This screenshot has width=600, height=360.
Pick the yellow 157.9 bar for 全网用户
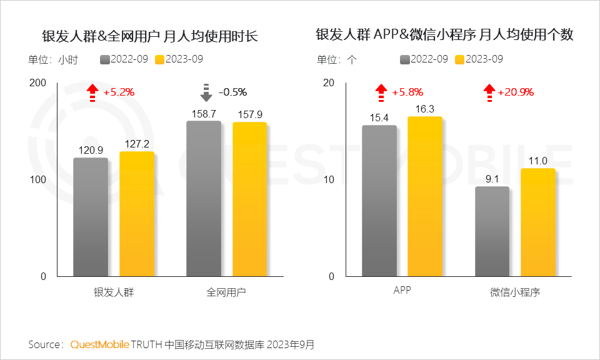250,199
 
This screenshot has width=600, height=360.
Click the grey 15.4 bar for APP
379,201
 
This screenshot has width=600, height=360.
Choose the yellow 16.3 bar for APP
425,196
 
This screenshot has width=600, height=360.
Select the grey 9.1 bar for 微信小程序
492,231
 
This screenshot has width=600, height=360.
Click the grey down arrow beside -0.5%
206,92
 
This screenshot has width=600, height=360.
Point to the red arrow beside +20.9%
489,92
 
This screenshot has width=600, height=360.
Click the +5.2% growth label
119,92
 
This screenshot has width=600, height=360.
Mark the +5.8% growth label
407,92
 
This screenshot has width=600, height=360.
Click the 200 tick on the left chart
38,83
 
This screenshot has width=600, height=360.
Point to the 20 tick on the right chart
329,83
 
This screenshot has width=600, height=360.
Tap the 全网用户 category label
226,292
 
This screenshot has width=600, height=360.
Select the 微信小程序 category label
515,292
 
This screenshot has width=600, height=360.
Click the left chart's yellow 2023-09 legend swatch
159,59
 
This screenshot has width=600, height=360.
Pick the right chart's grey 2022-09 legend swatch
404,59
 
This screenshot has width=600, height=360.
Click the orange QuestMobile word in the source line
100,344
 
